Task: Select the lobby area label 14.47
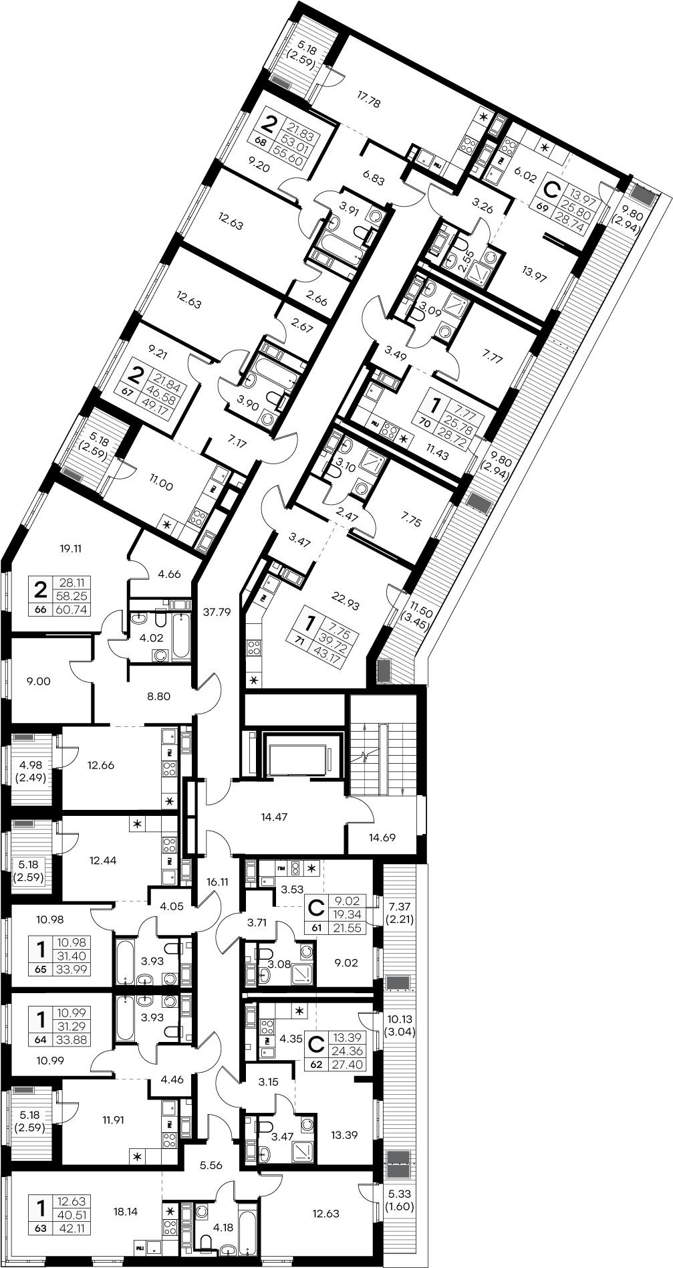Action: click(x=275, y=816)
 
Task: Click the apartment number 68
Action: click(x=261, y=141)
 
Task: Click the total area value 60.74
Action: click(x=74, y=610)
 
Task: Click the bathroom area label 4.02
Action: click(x=151, y=638)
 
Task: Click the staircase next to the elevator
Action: click(x=382, y=745)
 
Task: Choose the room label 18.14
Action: click(x=126, y=1210)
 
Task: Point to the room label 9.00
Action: click(x=38, y=681)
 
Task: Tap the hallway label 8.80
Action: click(x=158, y=696)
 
